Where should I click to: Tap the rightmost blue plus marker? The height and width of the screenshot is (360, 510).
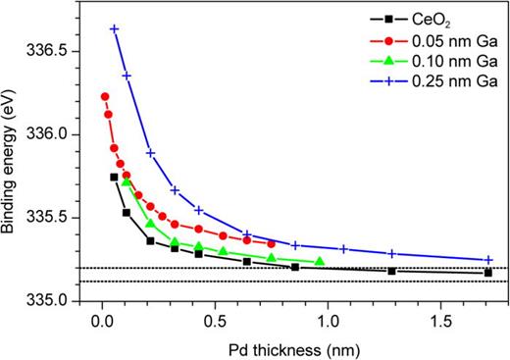click(488, 260)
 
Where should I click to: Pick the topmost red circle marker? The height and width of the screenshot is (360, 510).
click(104, 96)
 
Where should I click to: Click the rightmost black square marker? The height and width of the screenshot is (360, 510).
click(488, 272)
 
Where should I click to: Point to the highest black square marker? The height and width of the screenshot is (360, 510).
click(114, 177)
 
